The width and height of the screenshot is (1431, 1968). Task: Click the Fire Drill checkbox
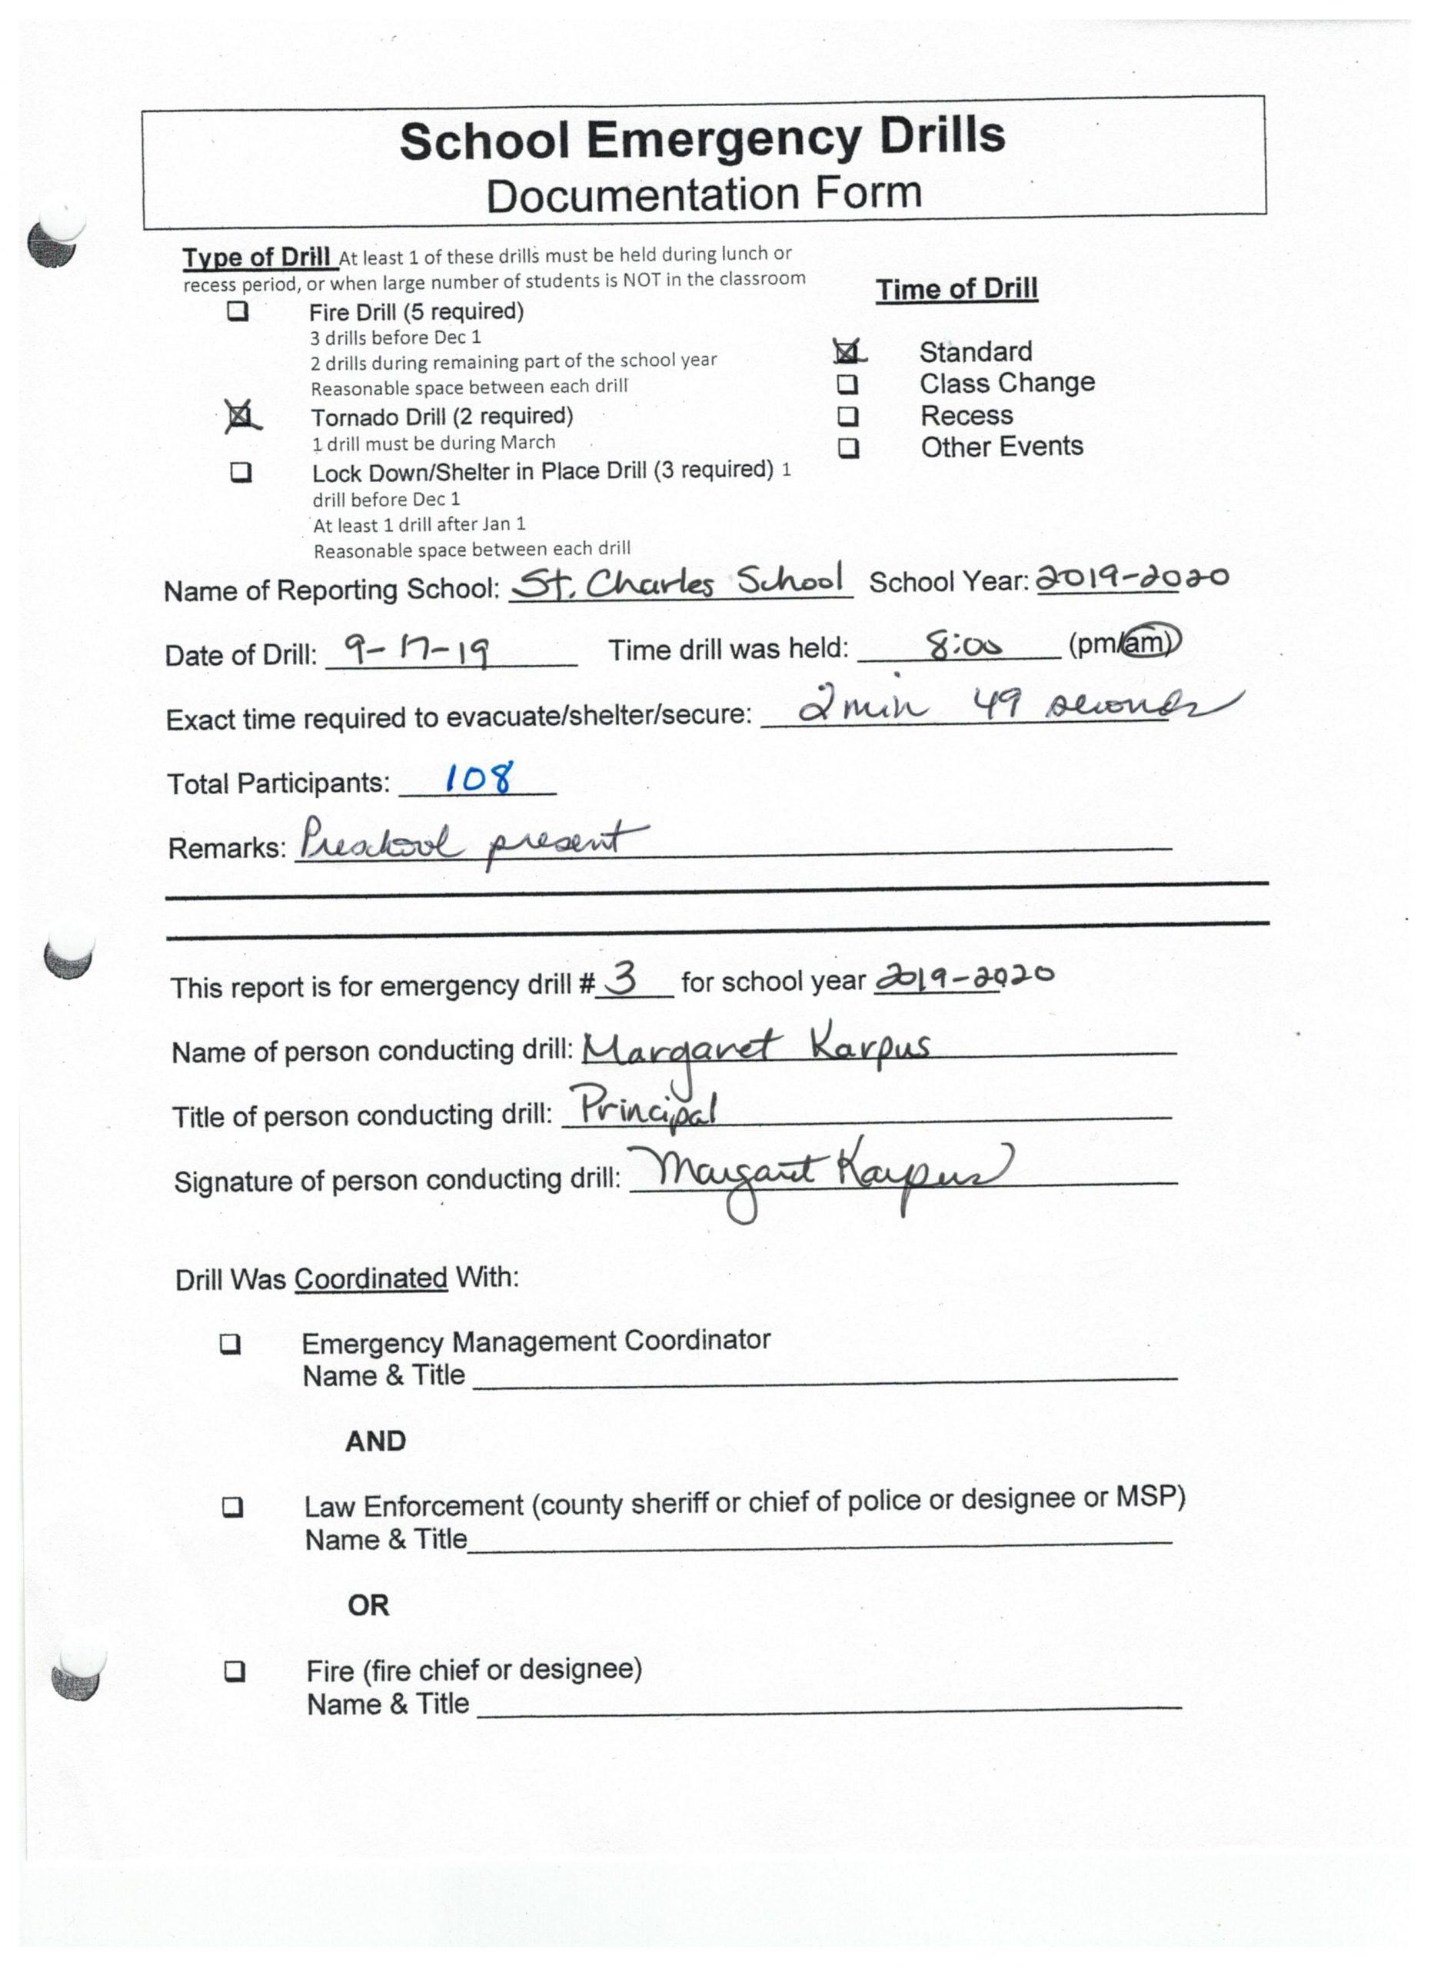238,311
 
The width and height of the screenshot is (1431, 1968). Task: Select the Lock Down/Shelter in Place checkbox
241,472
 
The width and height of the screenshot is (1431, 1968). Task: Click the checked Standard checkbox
846,351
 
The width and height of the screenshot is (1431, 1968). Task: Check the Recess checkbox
848,417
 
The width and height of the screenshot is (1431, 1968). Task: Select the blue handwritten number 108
478,776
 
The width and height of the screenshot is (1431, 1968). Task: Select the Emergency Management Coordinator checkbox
230,1344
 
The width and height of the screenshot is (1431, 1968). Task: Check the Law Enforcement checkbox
232,1508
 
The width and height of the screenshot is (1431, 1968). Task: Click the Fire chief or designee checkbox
235,1671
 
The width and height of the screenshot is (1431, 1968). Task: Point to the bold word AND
375,1441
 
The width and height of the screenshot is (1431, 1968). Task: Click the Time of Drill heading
957,289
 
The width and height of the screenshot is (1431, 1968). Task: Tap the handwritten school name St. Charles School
680,581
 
